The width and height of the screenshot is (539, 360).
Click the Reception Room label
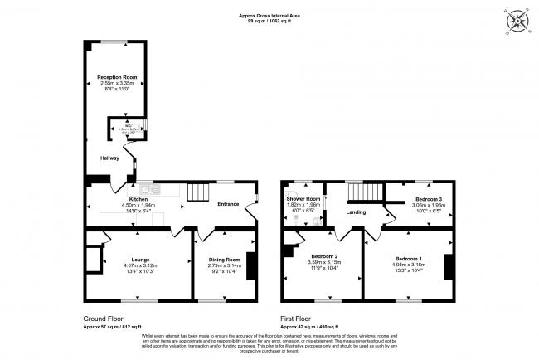[116, 77]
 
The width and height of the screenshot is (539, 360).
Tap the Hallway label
[109, 158]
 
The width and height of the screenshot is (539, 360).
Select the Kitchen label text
[138, 199]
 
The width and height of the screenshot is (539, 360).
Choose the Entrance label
[228, 204]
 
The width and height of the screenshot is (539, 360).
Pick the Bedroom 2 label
[324, 256]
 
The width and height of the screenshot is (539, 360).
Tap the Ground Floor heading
[104, 318]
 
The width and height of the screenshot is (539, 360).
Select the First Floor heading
[298, 318]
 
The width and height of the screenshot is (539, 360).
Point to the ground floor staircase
[197, 193]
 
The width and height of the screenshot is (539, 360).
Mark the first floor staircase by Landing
[363, 193]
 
